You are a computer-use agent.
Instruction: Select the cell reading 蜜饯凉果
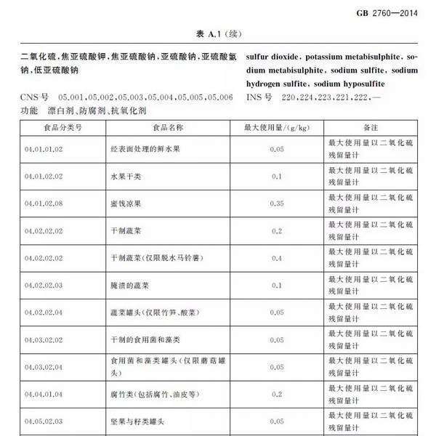pyautogui.click(x=124, y=204)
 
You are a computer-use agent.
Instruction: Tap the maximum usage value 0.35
pyautogui.click(x=276, y=204)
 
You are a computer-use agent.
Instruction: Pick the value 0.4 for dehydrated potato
pyautogui.click(x=276, y=258)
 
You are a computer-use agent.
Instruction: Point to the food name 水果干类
pyautogui.click(x=124, y=177)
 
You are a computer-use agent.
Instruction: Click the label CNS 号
pyautogui.click(x=36, y=97)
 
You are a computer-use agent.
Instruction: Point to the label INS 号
pyautogui.click(x=259, y=97)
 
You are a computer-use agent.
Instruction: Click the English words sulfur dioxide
pyautogui.click(x=272, y=56)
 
